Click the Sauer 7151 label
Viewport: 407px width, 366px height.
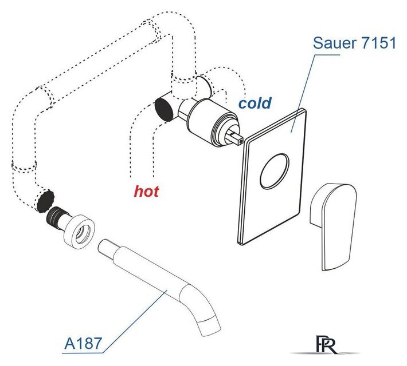pyautogui.click(x=354, y=43)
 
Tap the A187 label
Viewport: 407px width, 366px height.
pyautogui.click(x=83, y=344)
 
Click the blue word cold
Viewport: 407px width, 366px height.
pyautogui.click(x=255, y=103)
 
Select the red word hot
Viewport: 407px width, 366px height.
pyautogui.click(x=146, y=192)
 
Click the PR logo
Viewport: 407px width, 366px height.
pyautogui.click(x=326, y=344)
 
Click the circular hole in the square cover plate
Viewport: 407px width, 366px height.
pyautogui.click(x=275, y=171)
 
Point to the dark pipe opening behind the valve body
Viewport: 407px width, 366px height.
pyautogui.click(x=165, y=108)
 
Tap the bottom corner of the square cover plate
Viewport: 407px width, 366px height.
pyautogui.click(x=242, y=244)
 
